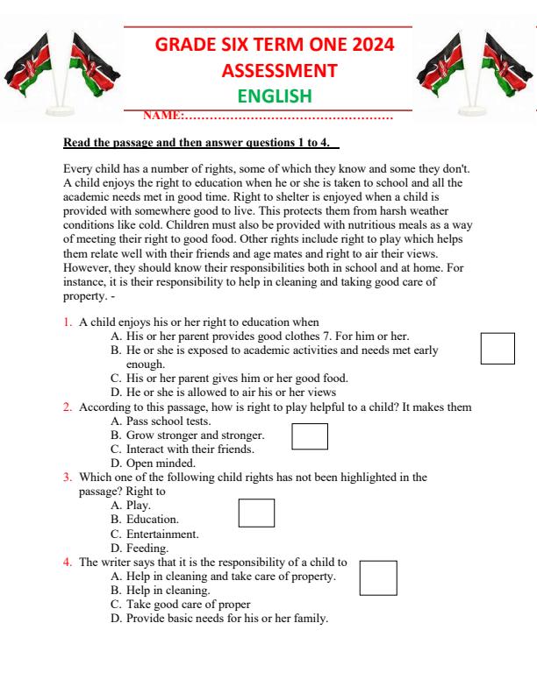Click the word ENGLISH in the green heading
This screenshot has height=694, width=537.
[x=269, y=96]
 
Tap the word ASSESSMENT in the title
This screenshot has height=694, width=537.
[x=269, y=70]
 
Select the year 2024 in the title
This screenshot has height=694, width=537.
[x=369, y=45]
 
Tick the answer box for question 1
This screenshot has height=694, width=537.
[x=498, y=348]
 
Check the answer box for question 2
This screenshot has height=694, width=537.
[x=309, y=436]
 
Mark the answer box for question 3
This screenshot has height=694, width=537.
[x=256, y=512]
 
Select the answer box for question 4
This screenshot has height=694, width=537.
[x=378, y=577]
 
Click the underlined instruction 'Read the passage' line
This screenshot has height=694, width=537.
[x=201, y=143]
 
